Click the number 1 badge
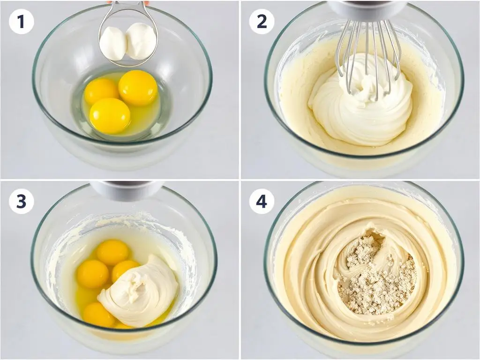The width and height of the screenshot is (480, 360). point(21,22)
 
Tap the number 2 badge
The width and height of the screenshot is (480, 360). point(262,22)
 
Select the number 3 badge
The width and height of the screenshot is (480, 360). point(21,202)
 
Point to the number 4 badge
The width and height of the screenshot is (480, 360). point(262,202)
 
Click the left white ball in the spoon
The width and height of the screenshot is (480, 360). point(113,43)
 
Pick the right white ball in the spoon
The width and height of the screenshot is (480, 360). point(141,41)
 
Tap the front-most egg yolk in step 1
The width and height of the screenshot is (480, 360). point(110,116)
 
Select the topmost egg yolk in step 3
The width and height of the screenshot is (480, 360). point(112,252)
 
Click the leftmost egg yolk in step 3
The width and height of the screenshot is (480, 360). point(92,274)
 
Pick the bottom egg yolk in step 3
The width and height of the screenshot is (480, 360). point(98,315)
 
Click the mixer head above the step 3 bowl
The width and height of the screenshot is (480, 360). point(127,190)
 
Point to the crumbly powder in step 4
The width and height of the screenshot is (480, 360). point(377,276)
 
